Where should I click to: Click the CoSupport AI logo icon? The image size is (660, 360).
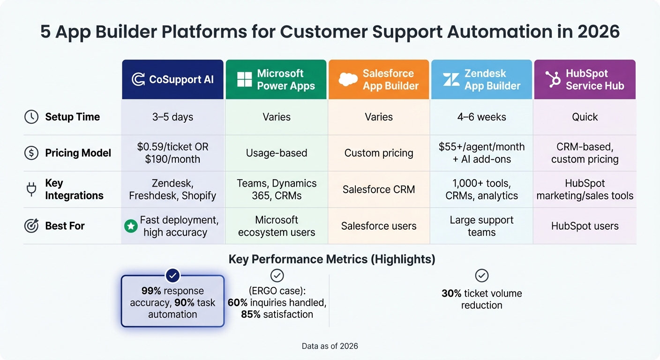[x=138, y=79]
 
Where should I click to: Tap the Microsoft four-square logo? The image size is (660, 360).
[x=245, y=79]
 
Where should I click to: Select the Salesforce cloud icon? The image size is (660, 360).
[x=348, y=80]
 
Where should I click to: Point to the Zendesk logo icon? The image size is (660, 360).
[x=451, y=79]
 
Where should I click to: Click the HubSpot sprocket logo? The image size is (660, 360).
[x=553, y=79]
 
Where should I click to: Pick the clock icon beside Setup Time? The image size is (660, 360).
[x=31, y=117]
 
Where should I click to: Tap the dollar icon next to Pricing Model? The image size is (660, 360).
[x=31, y=153]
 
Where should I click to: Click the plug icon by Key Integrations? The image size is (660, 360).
[x=31, y=189]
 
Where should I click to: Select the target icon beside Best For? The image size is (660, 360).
[x=31, y=225]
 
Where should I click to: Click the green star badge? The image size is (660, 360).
[x=130, y=226]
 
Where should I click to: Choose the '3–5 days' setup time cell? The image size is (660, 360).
[x=172, y=117]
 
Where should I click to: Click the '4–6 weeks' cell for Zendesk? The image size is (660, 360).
[x=481, y=117]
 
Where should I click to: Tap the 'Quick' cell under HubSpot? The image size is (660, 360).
[x=585, y=117]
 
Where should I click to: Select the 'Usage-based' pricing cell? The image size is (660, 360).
[x=276, y=153]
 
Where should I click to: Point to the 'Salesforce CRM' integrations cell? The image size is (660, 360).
[x=379, y=189]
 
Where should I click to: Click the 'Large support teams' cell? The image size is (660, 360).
[x=481, y=226]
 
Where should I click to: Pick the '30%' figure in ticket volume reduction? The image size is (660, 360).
[x=451, y=293]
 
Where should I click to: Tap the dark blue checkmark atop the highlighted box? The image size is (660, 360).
[x=173, y=275]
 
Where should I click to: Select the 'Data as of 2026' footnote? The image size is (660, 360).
[x=330, y=346]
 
